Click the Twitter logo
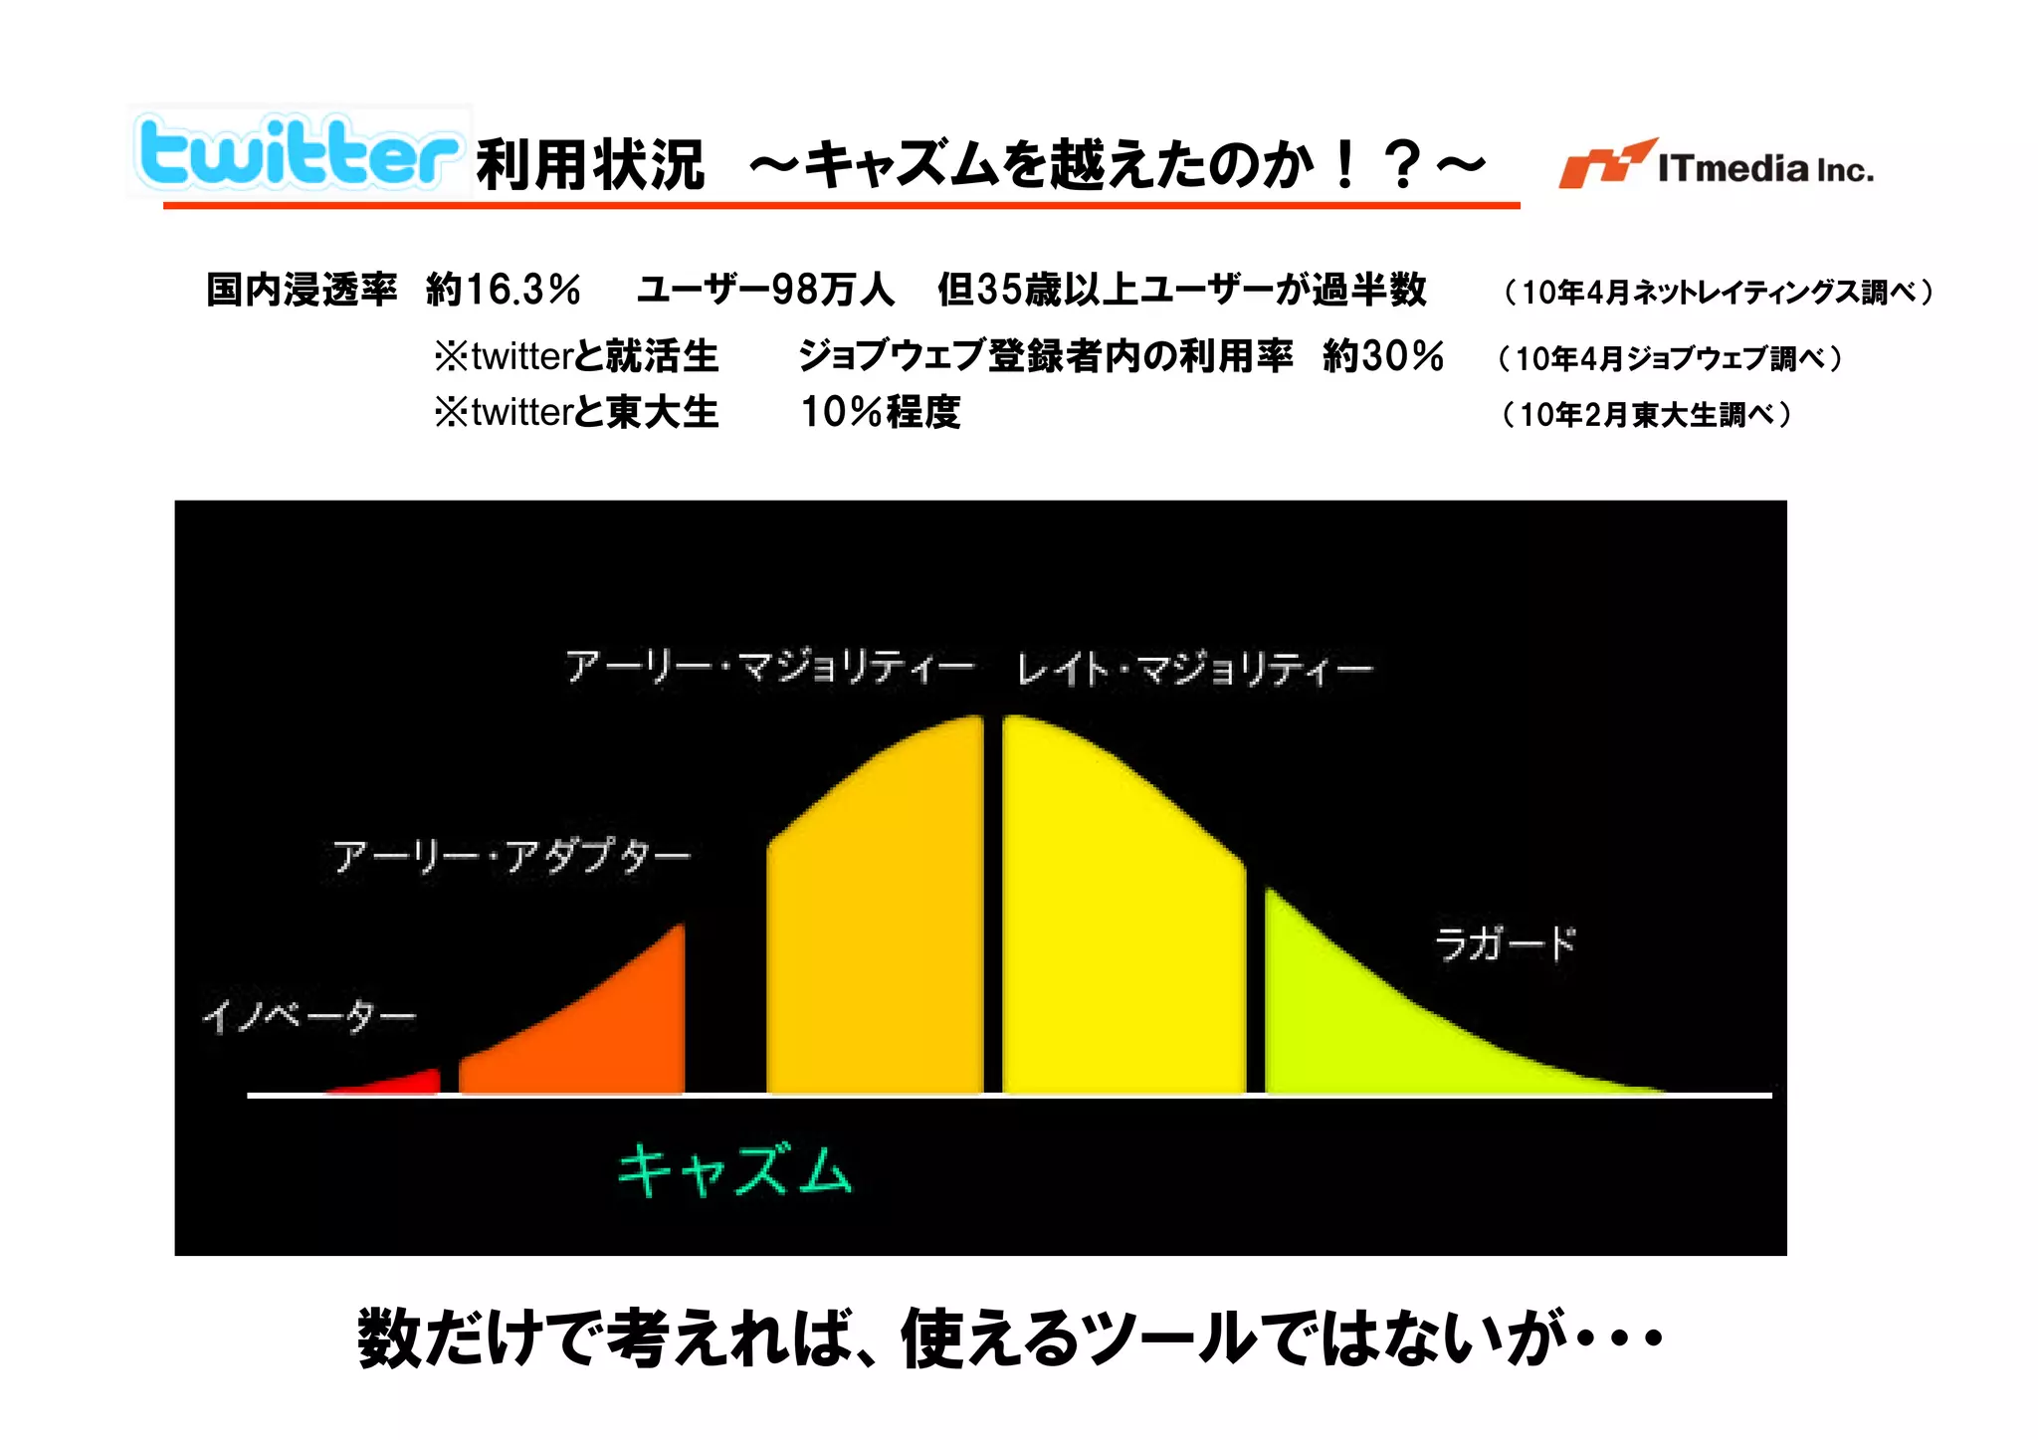(x=299, y=152)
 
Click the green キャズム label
(x=734, y=1170)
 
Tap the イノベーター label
(x=308, y=1016)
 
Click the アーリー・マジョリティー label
(x=769, y=667)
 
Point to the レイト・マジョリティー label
(x=1194, y=669)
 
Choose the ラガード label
(x=1505, y=942)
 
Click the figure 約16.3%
(x=503, y=290)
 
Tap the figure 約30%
(x=1382, y=355)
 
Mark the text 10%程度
(x=881, y=412)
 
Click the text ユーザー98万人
(x=765, y=290)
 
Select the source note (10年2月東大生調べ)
(x=1646, y=414)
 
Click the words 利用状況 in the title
(x=590, y=165)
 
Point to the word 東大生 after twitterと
(x=662, y=412)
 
